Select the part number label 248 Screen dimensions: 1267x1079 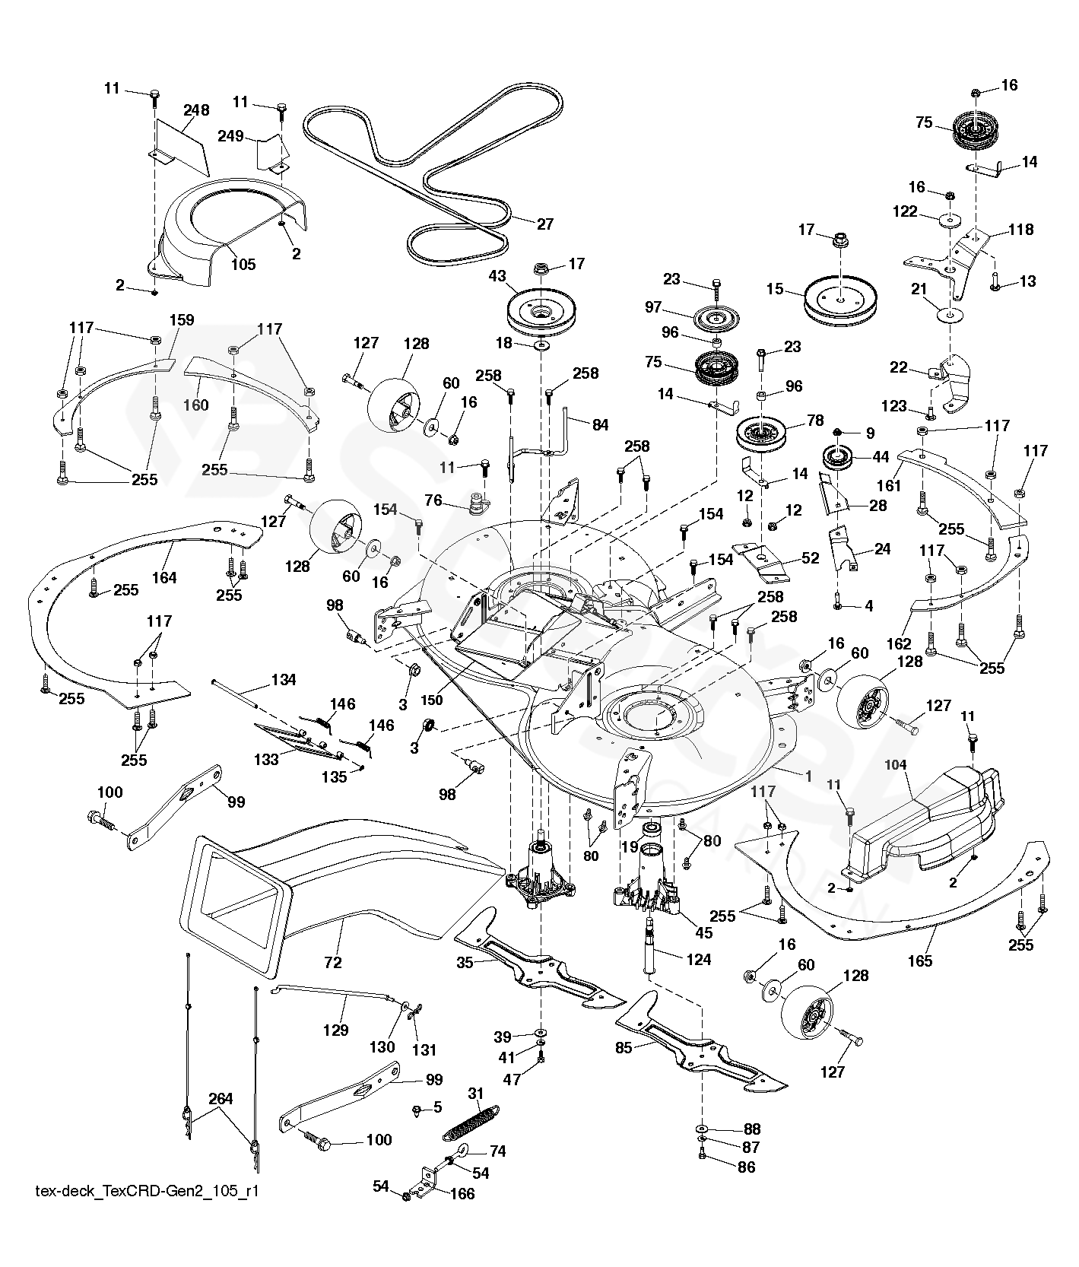pos(196,110)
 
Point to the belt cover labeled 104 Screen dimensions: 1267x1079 pos(924,818)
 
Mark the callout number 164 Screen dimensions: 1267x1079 pos(164,577)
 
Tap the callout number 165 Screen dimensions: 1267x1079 pos(920,961)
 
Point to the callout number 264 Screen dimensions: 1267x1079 pos(221,1099)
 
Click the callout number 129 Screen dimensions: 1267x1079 pos(335,1030)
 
